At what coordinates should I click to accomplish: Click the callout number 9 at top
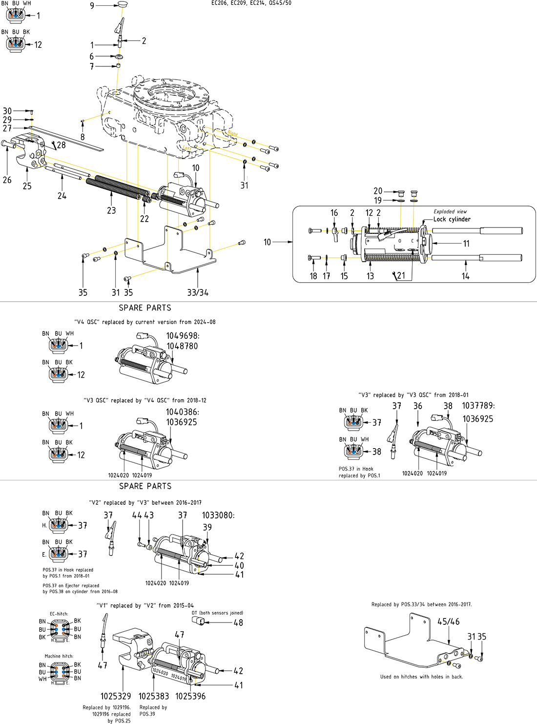92,6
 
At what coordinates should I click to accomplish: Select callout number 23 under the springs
111,210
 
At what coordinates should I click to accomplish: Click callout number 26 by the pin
7,180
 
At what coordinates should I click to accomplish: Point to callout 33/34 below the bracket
198,292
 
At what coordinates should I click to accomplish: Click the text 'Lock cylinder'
452,219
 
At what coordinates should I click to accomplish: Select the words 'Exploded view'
450,212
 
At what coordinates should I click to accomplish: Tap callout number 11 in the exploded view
466,244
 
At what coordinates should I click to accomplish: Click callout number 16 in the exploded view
334,213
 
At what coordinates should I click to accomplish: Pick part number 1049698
183,336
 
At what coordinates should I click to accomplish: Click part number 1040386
182,412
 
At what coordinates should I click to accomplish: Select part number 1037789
478,406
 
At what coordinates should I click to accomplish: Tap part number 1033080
218,515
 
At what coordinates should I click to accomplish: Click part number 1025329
116,696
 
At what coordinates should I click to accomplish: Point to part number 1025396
190,696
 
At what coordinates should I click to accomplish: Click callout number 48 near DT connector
238,623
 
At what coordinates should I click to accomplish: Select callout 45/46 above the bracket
448,621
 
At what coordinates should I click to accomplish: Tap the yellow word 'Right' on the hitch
232,133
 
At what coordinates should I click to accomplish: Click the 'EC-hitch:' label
59,614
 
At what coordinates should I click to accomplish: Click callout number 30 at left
7,111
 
